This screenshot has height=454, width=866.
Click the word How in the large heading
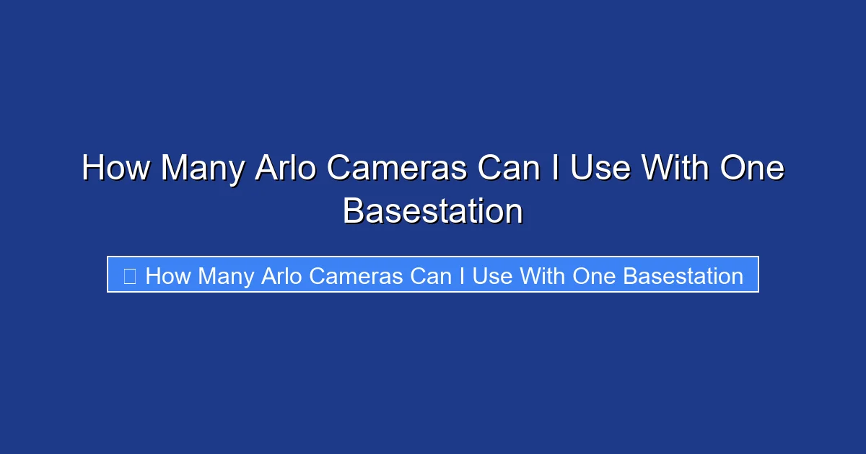coord(116,169)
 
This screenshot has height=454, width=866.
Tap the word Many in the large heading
coord(201,169)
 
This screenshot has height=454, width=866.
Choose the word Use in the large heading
coord(602,169)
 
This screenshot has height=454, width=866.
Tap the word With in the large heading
coord(676,169)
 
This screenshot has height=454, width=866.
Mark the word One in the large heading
coord(752,169)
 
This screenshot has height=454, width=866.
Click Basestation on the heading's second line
coord(433,211)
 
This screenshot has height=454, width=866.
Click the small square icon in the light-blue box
coord(130,276)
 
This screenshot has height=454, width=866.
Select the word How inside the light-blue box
coord(168,276)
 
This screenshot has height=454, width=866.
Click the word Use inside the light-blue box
coord(493,276)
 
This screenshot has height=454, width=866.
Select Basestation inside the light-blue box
coord(683,276)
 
